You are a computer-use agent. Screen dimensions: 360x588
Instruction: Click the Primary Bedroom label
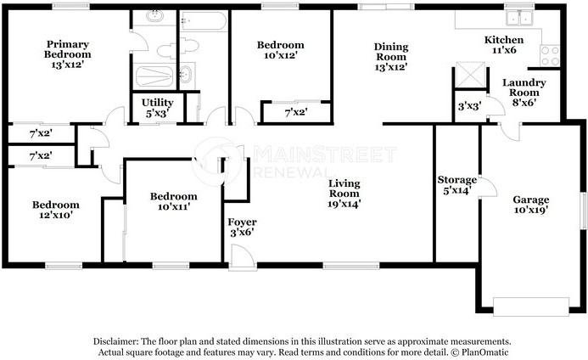coord(68,53)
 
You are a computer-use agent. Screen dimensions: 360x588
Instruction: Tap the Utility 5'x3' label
coord(156,107)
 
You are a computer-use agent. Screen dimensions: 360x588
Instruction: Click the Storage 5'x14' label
coord(456,187)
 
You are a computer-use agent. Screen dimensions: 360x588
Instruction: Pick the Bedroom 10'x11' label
coord(173,201)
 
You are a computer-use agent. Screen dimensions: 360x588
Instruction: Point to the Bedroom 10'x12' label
coord(280,51)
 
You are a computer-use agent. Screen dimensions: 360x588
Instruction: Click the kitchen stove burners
coord(550,56)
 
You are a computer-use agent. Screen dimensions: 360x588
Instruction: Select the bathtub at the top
coord(203,20)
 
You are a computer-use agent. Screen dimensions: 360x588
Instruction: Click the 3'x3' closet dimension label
coord(468,107)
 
